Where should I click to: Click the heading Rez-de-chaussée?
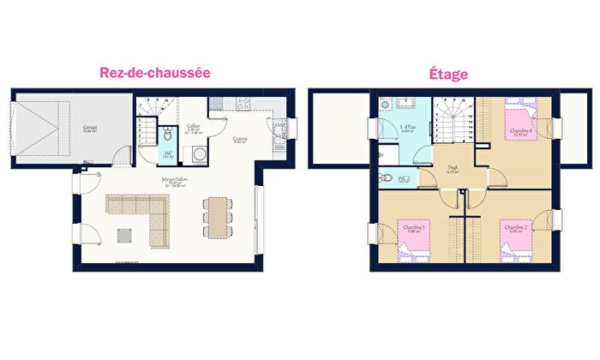pyautogui.click(x=154, y=73)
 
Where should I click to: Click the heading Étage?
pyautogui.click(x=448, y=75)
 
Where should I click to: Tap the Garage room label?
pyautogui.click(x=89, y=128)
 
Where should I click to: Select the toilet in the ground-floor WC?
pyautogui.click(x=168, y=135)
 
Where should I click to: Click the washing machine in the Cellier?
pyautogui.click(x=199, y=154)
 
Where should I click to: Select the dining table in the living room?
pyautogui.click(x=218, y=215)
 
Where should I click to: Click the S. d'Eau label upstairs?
pyautogui.click(x=408, y=128)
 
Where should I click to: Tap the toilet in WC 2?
pyautogui.click(x=383, y=178)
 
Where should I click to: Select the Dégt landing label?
pyautogui.click(x=451, y=170)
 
